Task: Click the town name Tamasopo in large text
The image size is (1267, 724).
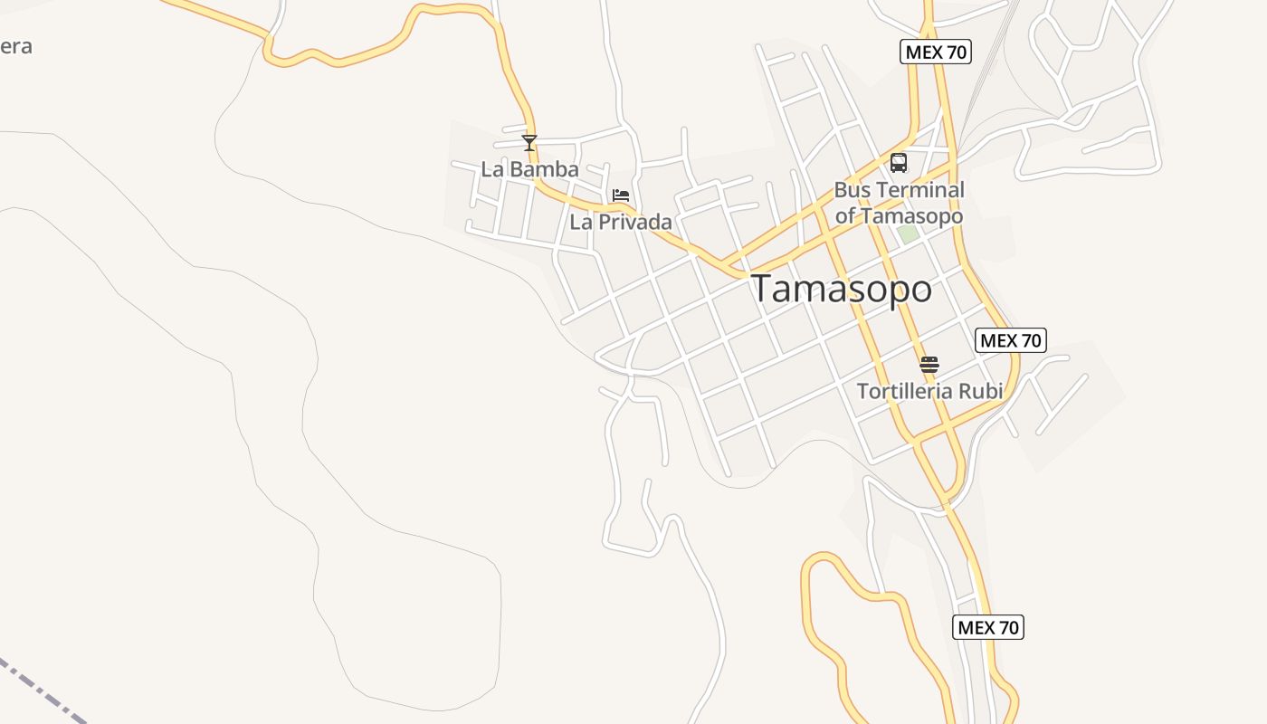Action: pyautogui.click(x=842, y=290)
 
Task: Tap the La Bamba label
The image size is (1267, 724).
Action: pyautogui.click(x=529, y=169)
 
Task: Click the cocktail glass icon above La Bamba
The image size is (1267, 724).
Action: pyautogui.click(x=529, y=143)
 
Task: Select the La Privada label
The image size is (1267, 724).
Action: pyautogui.click(x=621, y=222)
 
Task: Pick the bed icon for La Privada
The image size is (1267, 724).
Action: pyautogui.click(x=621, y=195)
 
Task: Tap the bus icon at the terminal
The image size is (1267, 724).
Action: pyautogui.click(x=898, y=163)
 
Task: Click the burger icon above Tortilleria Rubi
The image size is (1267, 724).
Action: pyautogui.click(x=929, y=366)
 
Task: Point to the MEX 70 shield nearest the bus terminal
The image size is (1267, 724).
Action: pyautogui.click(x=936, y=52)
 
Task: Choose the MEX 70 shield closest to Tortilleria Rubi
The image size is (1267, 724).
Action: pyautogui.click(x=1011, y=341)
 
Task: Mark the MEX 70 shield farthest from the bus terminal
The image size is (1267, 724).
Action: pyautogui.click(x=988, y=627)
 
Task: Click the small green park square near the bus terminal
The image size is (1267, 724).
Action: pyautogui.click(x=908, y=233)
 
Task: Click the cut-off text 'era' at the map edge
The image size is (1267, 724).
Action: pyautogui.click(x=15, y=46)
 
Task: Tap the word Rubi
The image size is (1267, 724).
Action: pyautogui.click(x=981, y=391)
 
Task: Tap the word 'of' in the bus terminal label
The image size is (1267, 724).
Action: pyautogui.click(x=845, y=216)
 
